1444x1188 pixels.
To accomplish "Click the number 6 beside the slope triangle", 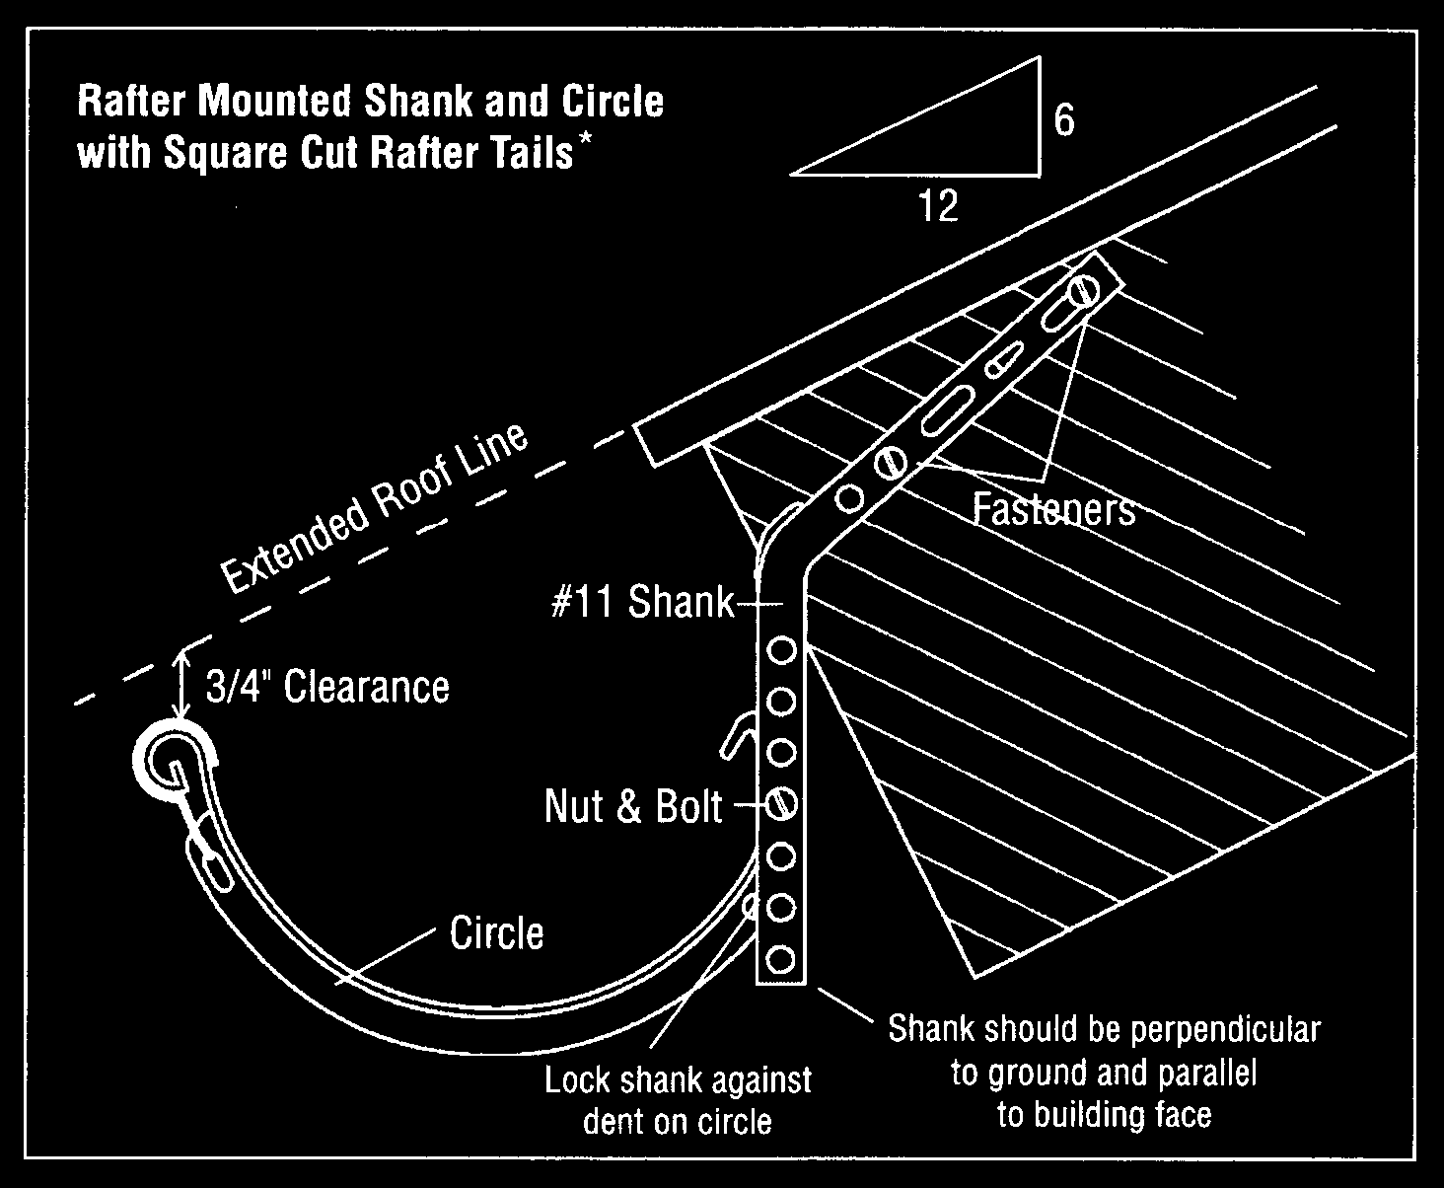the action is (1064, 120).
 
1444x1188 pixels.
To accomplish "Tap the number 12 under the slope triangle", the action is (937, 205).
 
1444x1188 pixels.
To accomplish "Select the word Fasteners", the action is (1053, 510).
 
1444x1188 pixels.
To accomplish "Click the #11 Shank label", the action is (642, 602).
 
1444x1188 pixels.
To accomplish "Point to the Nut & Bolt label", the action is (633, 806).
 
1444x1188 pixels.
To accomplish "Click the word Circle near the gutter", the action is (496, 932).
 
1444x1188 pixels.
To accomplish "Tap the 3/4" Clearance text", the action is (327, 686).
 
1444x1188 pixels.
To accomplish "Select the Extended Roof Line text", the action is (375, 508).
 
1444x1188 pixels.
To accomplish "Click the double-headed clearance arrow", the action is (181, 684).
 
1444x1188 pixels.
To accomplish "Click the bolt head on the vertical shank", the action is (781, 803).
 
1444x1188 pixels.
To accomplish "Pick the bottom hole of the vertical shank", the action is (780, 959).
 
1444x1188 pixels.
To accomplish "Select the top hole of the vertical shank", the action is (782, 649).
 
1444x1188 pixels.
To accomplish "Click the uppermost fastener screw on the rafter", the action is (1082, 292).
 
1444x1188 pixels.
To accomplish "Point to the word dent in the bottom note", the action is (611, 1122).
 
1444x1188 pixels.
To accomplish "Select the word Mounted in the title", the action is (276, 101).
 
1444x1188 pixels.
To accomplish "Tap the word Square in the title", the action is (225, 154).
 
